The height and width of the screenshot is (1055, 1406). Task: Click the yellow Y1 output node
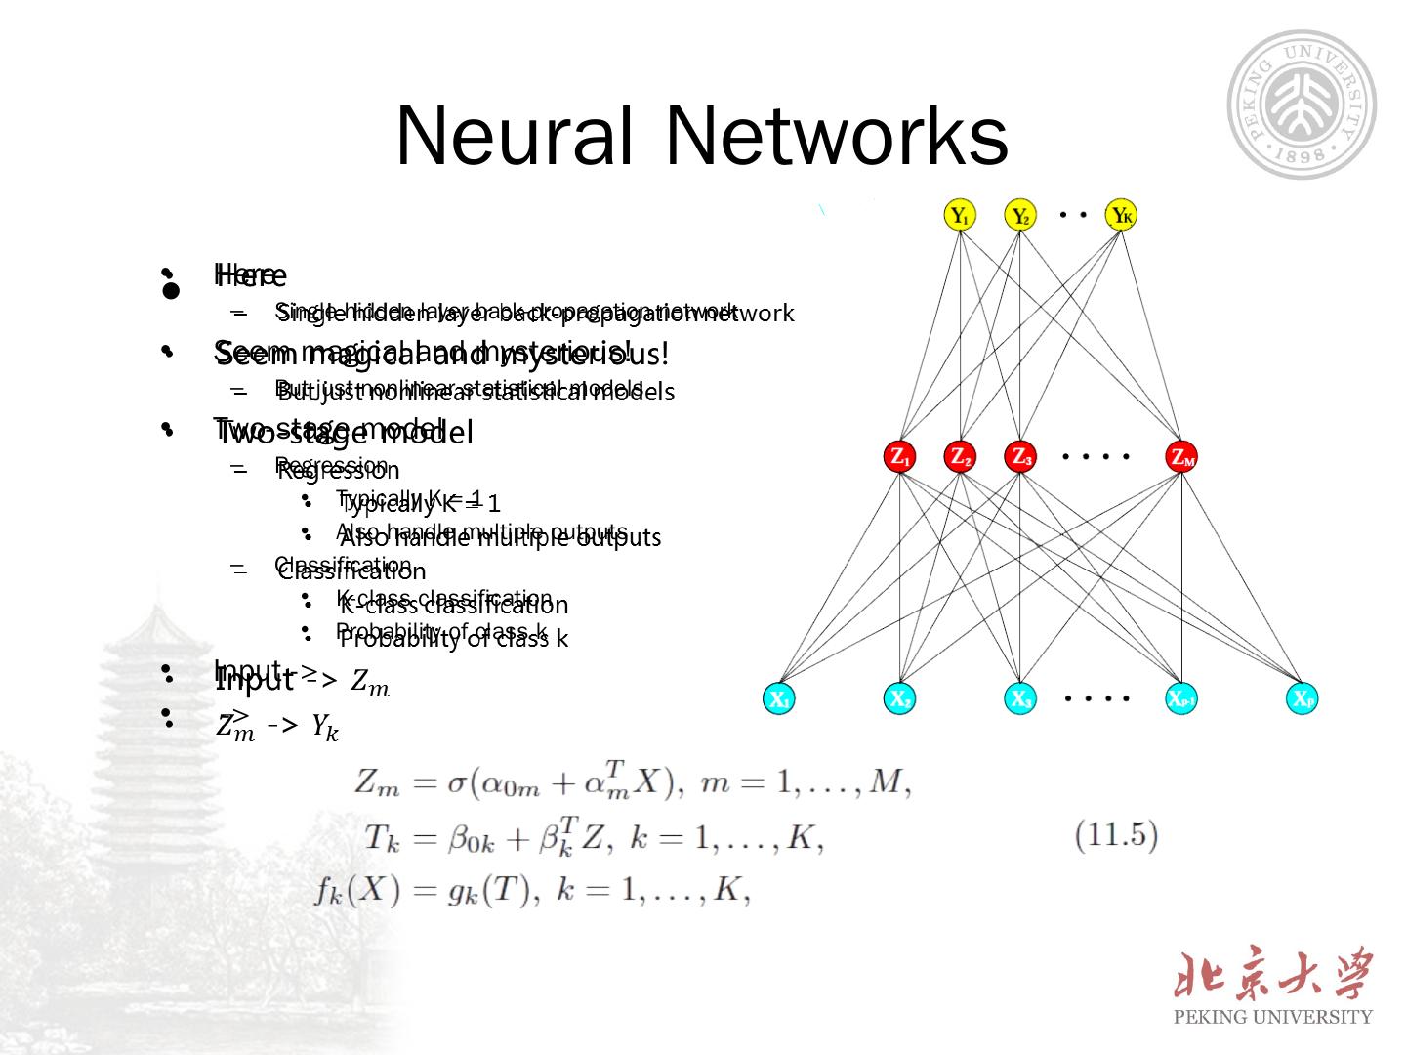pyautogui.click(x=961, y=215)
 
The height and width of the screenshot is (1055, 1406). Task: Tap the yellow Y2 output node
pyautogui.click(x=1020, y=215)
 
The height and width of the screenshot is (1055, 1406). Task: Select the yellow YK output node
pyautogui.click(x=1121, y=215)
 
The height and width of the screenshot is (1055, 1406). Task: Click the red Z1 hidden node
pyautogui.click(x=899, y=456)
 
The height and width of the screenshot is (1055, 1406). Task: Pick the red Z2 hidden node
pyautogui.click(x=960, y=456)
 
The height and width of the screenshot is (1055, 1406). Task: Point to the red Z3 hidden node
pyautogui.click(x=1020, y=456)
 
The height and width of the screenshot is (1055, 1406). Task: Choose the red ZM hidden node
pyautogui.click(x=1181, y=456)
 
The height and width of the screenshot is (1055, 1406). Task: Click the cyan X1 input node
pyautogui.click(x=779, y=698)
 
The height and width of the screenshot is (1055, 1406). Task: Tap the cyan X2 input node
pyautogui.click(x=899, y=698)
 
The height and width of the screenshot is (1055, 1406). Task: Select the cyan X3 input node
pyautogui.click(x=1020, y=698)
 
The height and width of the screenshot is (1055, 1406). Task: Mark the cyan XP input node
pyautogui.click(x=1303, y=698)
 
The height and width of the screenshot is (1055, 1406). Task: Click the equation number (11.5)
pyautogui.click(x=1115, y=835)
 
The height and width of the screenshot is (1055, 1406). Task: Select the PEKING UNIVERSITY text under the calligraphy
pyautogui.click(x=1272, y=1017)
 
